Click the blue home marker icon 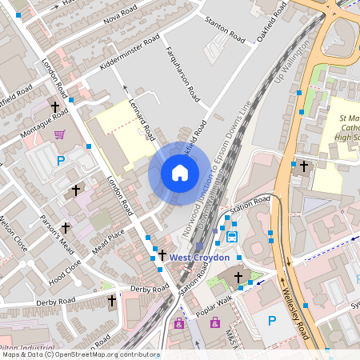(180, 172)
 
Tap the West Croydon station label (200, 258)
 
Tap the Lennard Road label (141, 115)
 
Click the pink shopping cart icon (58, 134)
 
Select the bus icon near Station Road (232, 236)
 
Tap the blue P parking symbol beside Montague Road (61, 160)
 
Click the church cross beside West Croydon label (162, 255)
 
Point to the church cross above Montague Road (56, 106)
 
